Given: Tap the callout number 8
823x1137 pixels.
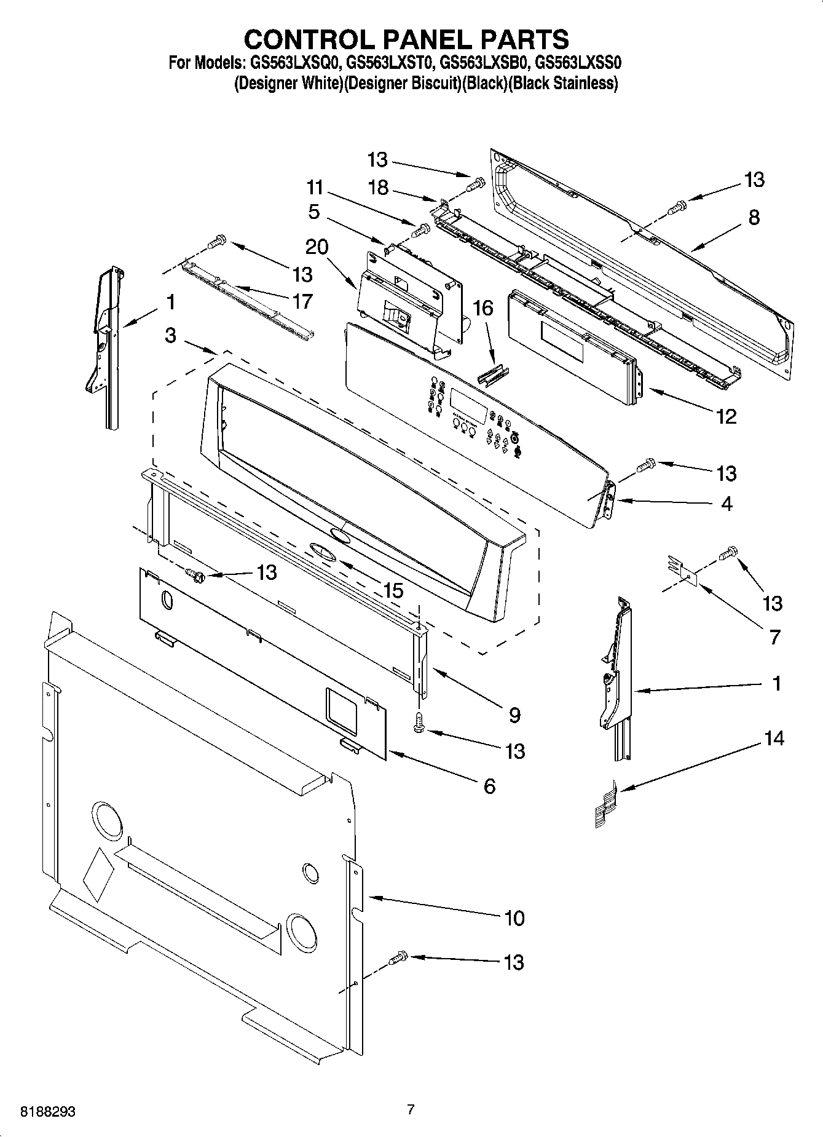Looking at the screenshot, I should click(754, 217).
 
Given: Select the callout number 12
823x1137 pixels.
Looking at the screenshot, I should click(726, 417).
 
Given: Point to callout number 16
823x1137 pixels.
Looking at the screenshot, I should click(484, 308).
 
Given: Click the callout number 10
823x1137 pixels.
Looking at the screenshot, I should click(514, 918).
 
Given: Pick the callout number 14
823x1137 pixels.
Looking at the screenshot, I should click(774, 737).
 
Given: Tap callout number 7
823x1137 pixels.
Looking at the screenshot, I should click(775, 636).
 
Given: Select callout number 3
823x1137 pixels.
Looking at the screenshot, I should click(171, 335).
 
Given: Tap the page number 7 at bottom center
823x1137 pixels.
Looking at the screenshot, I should click(411, 1110).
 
